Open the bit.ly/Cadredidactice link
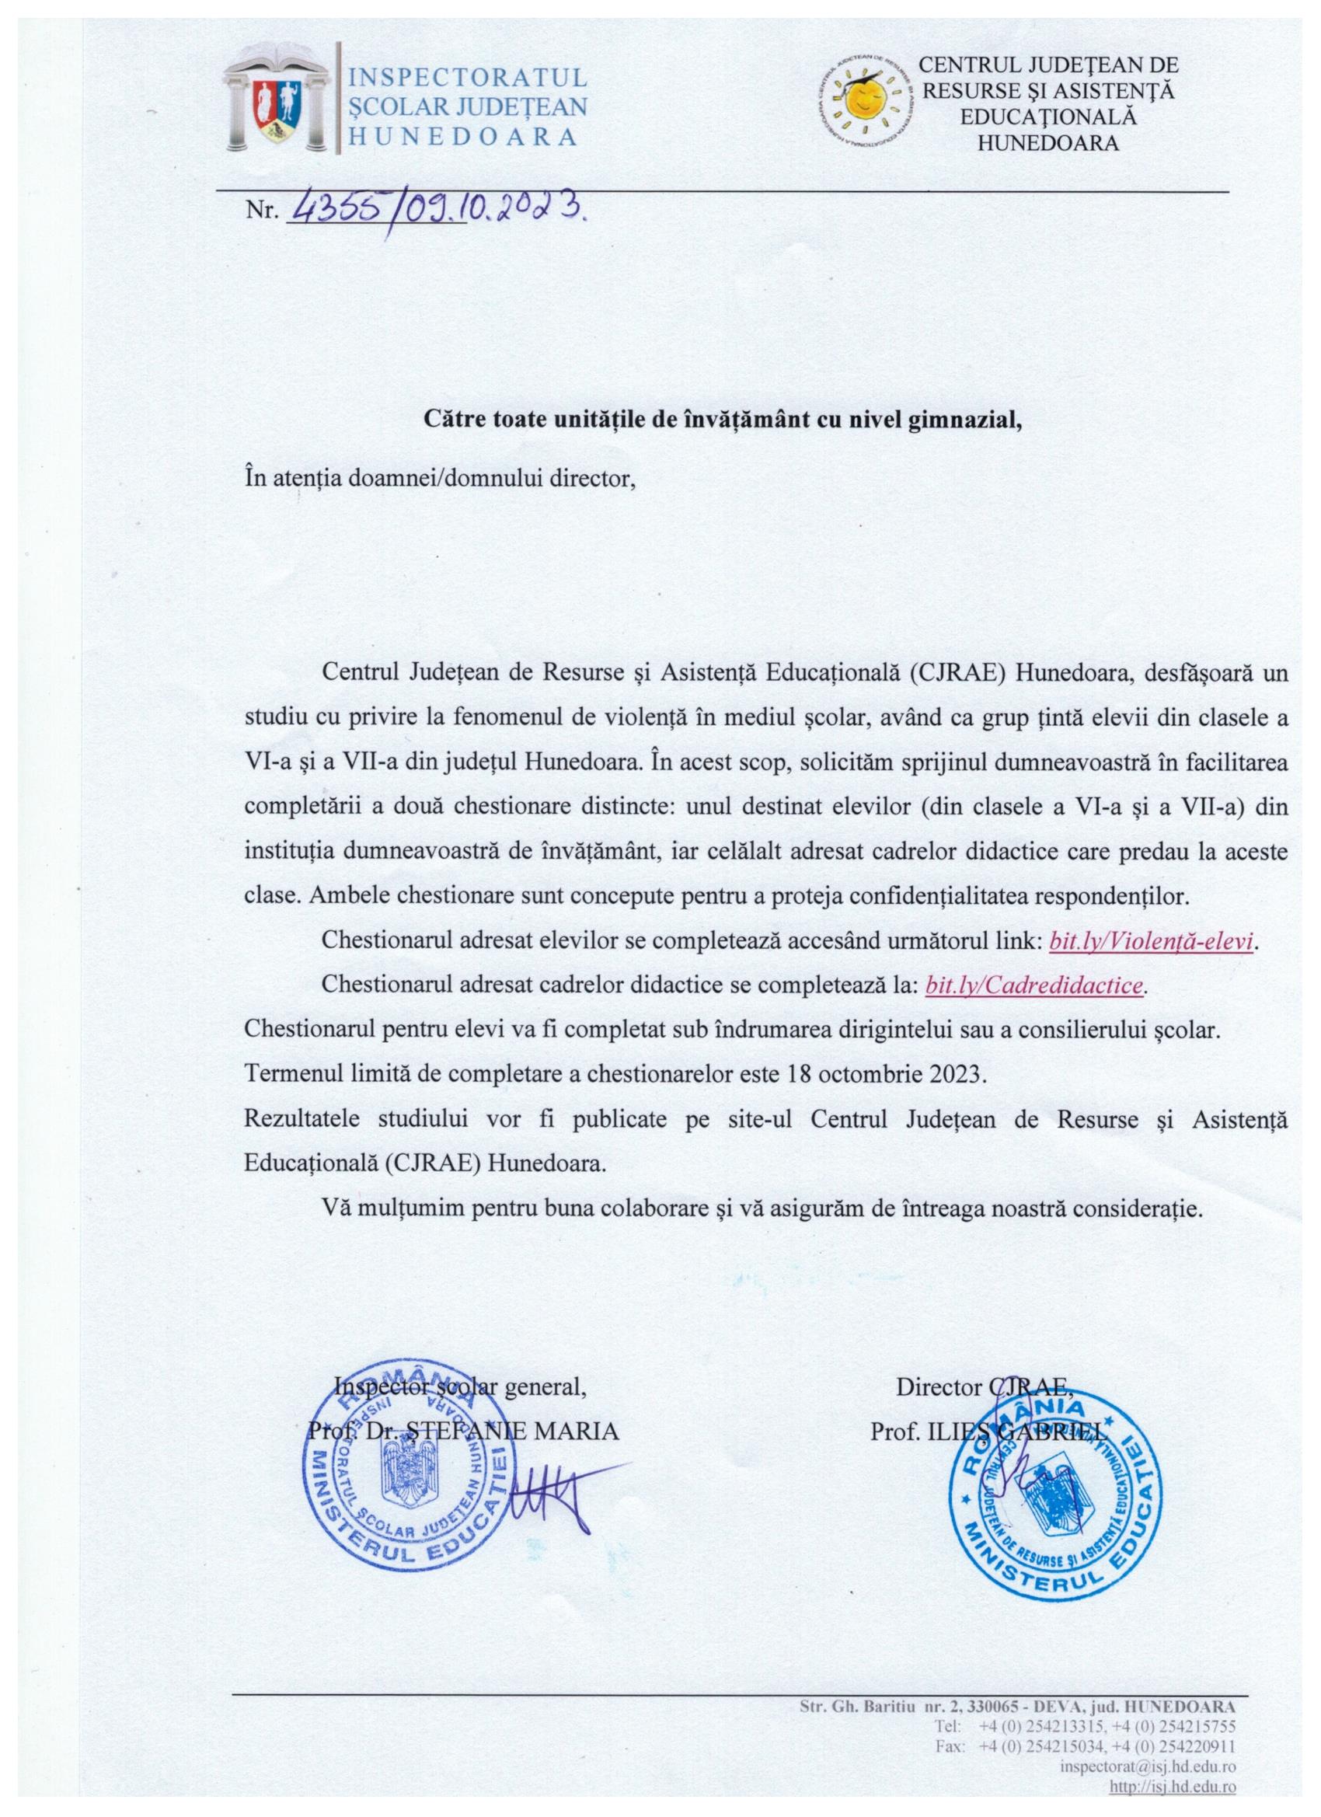click(x=1034, y=985)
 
